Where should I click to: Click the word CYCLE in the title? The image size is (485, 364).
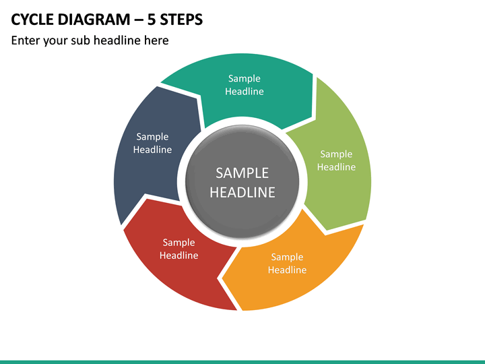(32, 20)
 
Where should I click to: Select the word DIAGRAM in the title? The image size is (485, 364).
(94, 20)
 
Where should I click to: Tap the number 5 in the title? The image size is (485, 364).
(151, 20)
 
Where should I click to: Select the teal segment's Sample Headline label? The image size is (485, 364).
(245, 85)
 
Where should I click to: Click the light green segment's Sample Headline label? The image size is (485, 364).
(336, 160)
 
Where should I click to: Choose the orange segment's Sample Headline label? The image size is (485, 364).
(287, 263)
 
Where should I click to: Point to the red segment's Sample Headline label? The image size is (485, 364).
(179, 249)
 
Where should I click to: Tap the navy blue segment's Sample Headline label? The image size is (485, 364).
(152, 143)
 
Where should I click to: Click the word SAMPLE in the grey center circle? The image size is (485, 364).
(243, 173)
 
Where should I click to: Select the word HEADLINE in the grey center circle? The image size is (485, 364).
(243, 192)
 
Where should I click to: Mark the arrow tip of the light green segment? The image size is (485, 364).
(326, 231)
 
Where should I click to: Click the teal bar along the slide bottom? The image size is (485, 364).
(243, 362)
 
